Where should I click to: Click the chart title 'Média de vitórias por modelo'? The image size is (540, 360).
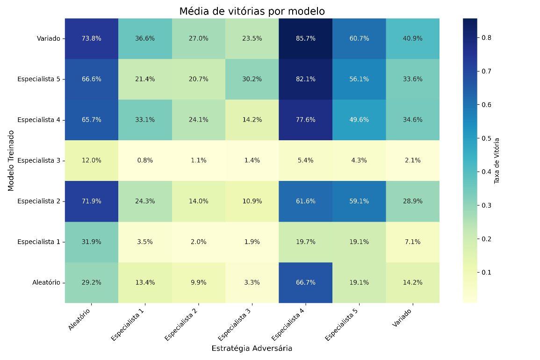[x=252, y=11]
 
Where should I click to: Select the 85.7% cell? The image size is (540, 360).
[x=305, y=39]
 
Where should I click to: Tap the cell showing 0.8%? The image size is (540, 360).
[x=145, y=160]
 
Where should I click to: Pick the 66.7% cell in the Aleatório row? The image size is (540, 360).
[x=305, y=282]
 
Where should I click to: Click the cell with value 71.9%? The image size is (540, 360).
[x=92, y=201]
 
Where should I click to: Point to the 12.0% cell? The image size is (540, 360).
[x=92, y=160]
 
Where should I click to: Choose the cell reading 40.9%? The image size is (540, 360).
[x=412, y=39]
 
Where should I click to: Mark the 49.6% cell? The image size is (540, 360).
[x=359, y=120]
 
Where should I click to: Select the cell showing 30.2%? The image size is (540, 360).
[x=252, y=79]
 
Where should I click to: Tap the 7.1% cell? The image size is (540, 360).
[x=412, y=242]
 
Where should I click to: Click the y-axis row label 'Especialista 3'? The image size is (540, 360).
[x=38, y=160]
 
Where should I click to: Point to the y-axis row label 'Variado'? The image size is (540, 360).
[x=49, y=39]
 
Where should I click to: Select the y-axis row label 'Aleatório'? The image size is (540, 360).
[x=46, y=282]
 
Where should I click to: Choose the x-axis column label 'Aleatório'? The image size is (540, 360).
[x=80, y=319]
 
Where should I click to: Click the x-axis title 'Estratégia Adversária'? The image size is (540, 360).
[x=252, y=348]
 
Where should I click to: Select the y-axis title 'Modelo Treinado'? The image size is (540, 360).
[x=11, y=160]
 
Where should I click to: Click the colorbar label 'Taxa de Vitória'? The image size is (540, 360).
[x=497, y=161]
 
